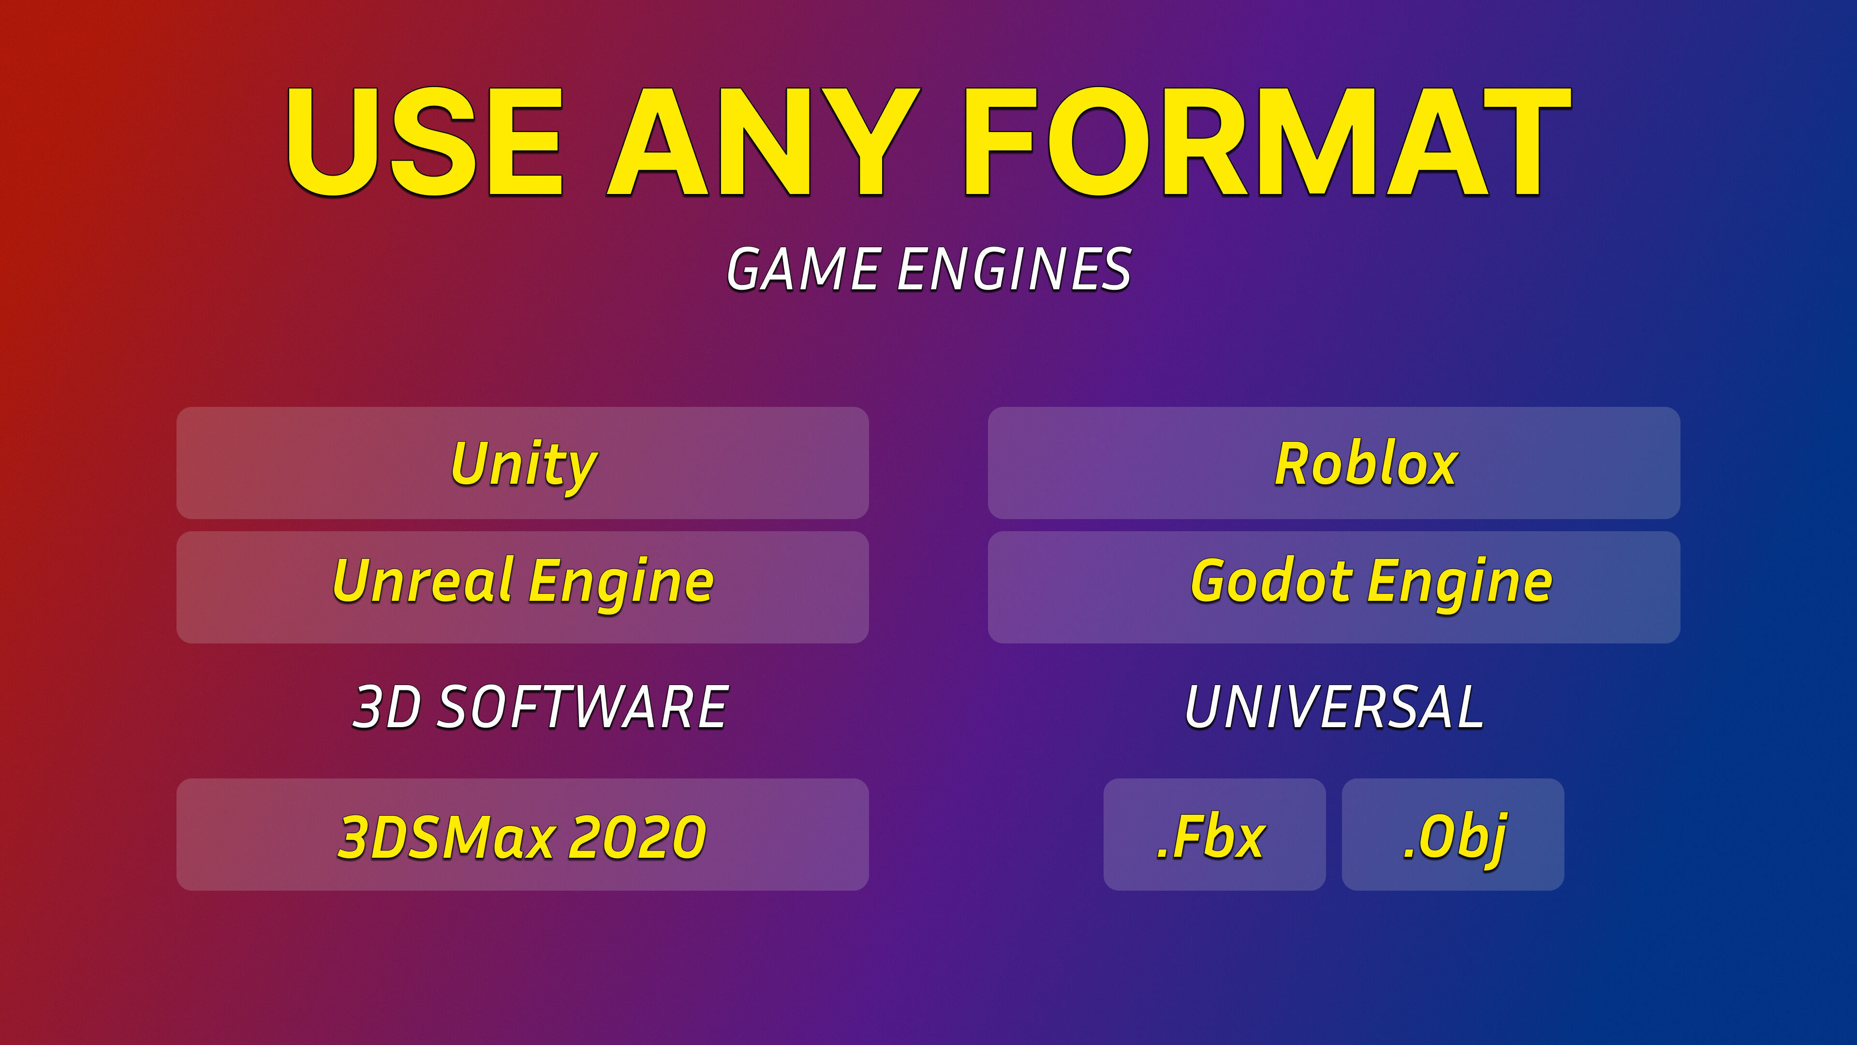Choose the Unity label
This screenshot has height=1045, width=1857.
pyautogui.click(x=524, y=465)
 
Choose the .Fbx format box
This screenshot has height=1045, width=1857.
pyautogui.click(x=1214, y=835)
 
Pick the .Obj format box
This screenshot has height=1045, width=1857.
pyautogui.click(x=1453, y=835)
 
